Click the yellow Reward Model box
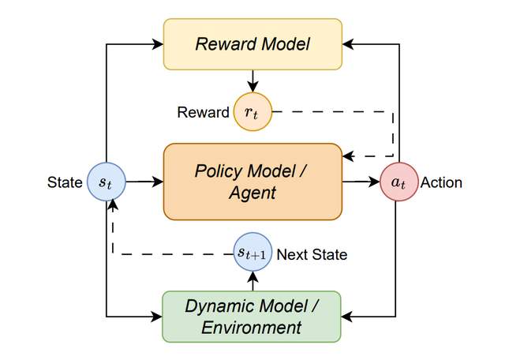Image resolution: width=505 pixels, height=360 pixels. tap(252, 44)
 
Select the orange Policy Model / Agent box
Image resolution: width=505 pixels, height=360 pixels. tap(252, 181)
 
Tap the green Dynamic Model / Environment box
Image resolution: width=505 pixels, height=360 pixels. tap(252, 317)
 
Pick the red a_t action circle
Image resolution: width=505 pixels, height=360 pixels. tap(398, 182)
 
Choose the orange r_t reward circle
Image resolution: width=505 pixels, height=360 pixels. tap(251, 112)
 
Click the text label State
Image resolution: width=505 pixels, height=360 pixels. tap(64, 182)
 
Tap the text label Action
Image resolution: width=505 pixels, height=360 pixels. tap(442, 182)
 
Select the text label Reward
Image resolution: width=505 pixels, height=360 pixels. tap(204, 112)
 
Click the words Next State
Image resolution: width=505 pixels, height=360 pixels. tap(312, 254)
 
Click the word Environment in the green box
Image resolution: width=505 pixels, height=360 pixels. tap(252, 327)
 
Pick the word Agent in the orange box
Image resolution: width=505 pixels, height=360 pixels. tap(252, 192)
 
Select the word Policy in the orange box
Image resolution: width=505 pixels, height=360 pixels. tap(219, 170)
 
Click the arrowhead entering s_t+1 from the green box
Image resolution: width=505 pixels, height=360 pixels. tap(252, 275)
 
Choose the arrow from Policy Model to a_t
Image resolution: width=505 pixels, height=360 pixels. tap(361, 182)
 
